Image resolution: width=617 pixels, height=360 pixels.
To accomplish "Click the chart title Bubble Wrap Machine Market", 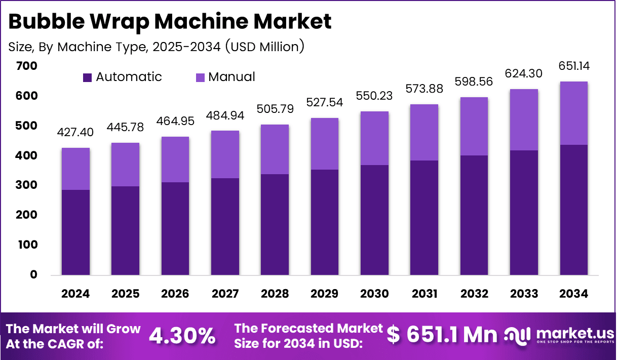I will pyautogui.click(x=170, y=21).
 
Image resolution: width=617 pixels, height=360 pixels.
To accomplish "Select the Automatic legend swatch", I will pyautogui.click(x=88, y=77).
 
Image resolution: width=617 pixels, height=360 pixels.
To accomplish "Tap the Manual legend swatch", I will pyautogui.click(x=200, y=77).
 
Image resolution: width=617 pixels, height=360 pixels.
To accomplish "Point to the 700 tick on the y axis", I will pyautogui.click(x=26, y=66).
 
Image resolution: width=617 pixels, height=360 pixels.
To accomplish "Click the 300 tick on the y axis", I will pyautogui.click(x=26, y=185).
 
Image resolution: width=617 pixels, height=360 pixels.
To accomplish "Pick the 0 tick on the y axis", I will pyautogui.click(x=33, y=275).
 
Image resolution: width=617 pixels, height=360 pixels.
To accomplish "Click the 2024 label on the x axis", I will pyautogui.click(x=75, y=294).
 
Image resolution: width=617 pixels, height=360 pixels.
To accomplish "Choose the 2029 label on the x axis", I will pyautogui.click(x=325, y=294).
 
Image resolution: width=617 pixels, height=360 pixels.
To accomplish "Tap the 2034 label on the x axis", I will pyautogui.click(x=574, y=294).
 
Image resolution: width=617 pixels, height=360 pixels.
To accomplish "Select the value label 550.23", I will pyautogui.click(x=374, y=96).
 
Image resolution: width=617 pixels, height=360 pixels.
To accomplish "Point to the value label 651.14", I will pyautogui.click(x=574, y=66).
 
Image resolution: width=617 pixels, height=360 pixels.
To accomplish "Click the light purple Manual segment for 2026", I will pyautogui.click(x=175, y=159).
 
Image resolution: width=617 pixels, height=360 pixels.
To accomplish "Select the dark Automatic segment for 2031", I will pyautogui.click(x=424, y=218).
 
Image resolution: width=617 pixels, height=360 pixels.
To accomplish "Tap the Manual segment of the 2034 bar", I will pyautogui.click(x=574, y=113).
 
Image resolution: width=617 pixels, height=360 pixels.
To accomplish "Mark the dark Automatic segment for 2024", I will pyautogui.click(x=75, y=232).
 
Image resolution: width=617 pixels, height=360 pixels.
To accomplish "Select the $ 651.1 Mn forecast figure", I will pyautogui.click(x=442, y=334).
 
